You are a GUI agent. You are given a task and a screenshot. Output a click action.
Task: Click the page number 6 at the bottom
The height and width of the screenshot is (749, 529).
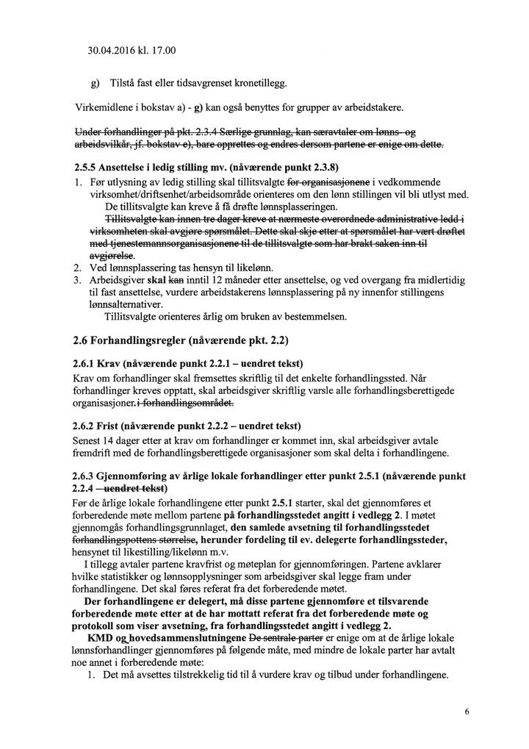click(x=467, y=712)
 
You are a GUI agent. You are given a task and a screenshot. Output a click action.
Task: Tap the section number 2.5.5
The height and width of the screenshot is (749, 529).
click(x=88, y=167)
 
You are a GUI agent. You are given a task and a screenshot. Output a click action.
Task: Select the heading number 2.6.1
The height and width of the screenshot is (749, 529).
click(x=88, y=364)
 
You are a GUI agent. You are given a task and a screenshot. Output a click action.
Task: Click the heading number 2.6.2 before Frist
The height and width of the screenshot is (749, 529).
click(x=88, y=426)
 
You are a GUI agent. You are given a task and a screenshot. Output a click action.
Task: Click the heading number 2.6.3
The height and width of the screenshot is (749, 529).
click(x=88, y=476)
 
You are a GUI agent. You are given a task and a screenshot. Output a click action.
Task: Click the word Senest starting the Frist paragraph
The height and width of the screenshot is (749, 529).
click(x=88, y=440)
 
